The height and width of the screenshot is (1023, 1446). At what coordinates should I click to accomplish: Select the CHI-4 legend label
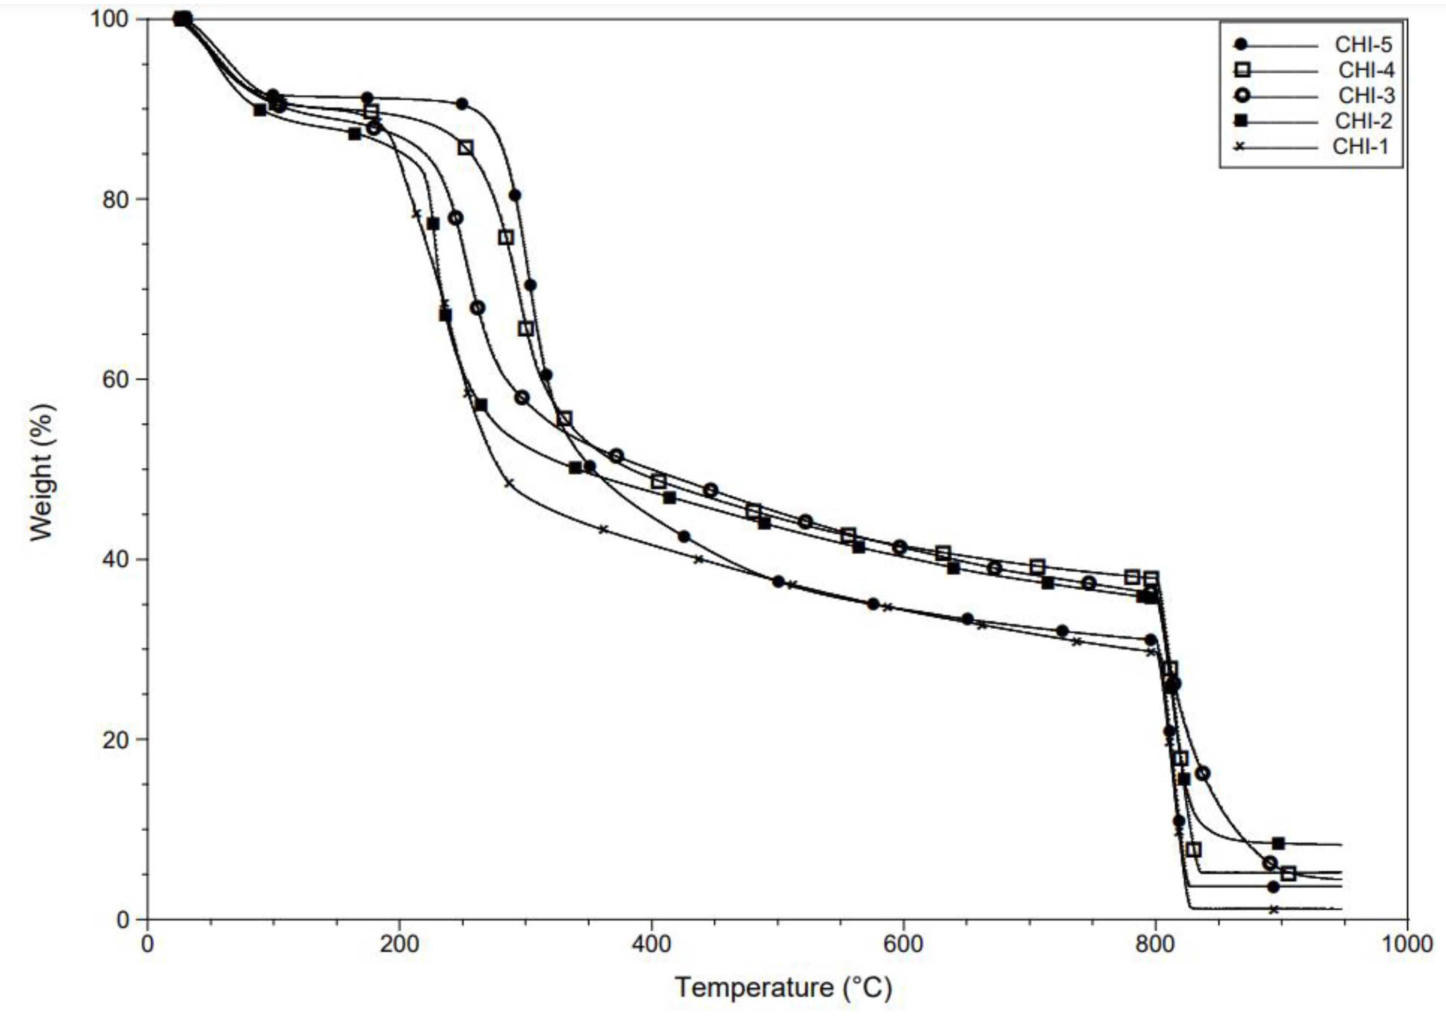tap(1366, 71)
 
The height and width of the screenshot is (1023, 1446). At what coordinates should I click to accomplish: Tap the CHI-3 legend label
tap(1366, 96)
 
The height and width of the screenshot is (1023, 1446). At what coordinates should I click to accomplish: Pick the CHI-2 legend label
tap(1363, 121)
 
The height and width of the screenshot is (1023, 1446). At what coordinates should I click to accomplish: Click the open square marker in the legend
tap(1242, 71)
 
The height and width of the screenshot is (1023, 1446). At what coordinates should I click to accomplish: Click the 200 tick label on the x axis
tap(399, 945)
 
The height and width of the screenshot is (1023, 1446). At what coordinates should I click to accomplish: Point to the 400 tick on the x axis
tap(651, 945)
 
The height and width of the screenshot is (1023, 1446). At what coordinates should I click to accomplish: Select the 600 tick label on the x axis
tap(903, 945)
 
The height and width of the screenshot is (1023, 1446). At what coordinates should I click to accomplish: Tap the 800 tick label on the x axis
tap(1155, 945)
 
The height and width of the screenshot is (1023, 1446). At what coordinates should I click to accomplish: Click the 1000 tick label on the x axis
tap(1406, 945)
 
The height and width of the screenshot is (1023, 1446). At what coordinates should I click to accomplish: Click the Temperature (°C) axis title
tap(783, 987)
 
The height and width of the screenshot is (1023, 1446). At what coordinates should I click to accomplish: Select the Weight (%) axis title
tap(43, 473)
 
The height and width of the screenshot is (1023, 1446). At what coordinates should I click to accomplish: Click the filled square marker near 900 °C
tap(1278, 843)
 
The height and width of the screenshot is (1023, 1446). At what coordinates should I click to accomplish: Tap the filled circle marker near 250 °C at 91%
tap(462, 104)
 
